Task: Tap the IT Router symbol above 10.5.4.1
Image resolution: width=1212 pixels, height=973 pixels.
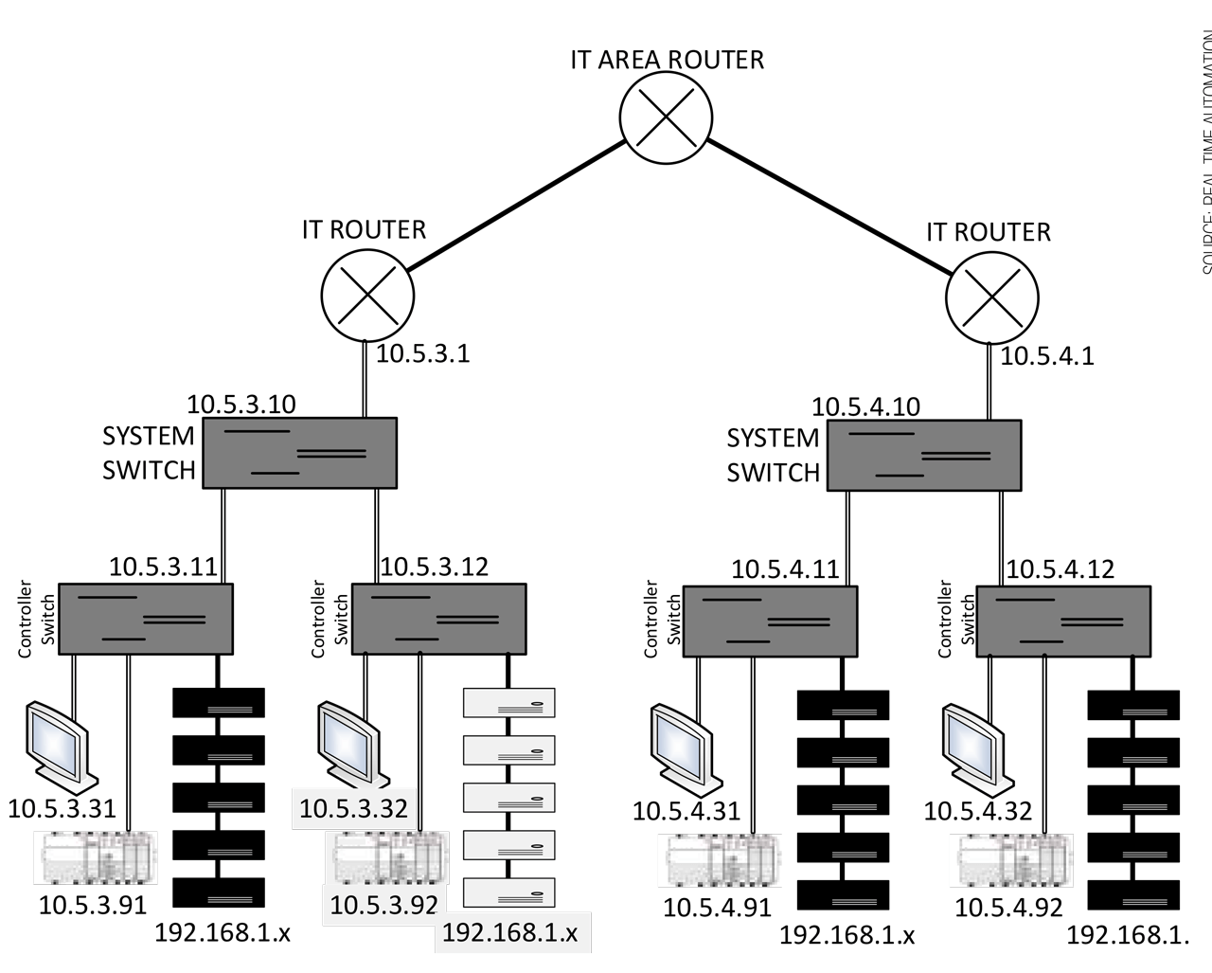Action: pos(991,297)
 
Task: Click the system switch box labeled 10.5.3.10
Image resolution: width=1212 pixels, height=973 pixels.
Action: pos(299,453)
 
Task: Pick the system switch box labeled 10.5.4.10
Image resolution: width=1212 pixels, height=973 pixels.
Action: pos(924,455)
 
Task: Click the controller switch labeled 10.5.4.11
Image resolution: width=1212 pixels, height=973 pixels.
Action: pos(770,622)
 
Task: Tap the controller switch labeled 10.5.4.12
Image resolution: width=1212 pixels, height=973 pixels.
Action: pos(1063,622)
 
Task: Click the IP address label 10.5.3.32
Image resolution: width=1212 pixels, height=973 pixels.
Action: pos(353,809)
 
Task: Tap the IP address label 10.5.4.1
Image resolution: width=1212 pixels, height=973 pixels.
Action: pos(1047,356)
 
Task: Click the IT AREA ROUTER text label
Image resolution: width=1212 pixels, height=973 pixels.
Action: pos(667,60)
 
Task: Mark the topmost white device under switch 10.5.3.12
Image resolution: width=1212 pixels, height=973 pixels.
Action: pos(508,703)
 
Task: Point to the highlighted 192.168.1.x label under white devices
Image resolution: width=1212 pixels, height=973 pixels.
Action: pos(510,932)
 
